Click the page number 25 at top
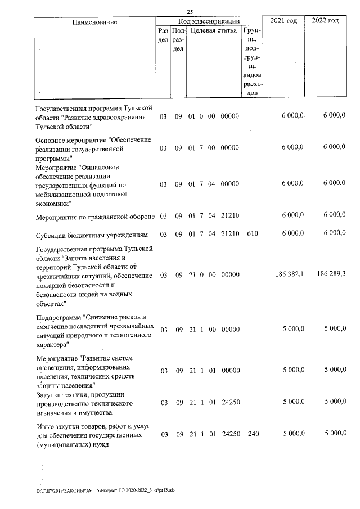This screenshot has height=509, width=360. tap(190, 12)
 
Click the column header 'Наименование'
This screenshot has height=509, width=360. tap(94, 21)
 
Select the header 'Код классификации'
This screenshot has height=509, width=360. tap(209, 21)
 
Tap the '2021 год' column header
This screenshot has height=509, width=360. tap(283, 21)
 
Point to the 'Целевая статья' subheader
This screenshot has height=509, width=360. tap(213, 31)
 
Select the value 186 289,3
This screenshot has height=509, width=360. tap(329, 276)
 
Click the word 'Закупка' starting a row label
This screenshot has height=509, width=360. tap(48, 395)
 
